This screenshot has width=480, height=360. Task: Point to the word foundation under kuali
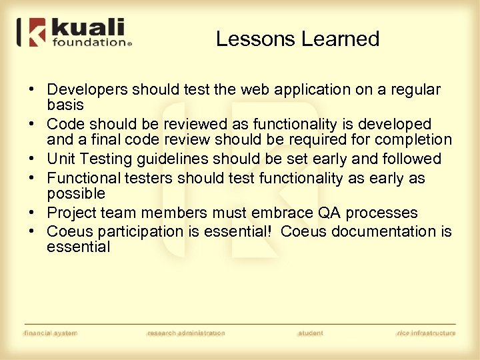point(89,42)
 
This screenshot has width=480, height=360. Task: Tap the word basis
point(65,105)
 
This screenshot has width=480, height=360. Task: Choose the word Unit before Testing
point(61,159)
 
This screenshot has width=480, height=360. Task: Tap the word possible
point(75,193)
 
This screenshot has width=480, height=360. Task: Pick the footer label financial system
point(50,333)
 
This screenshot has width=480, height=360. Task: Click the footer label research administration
point(186,333)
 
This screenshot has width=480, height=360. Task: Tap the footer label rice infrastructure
point(425,333)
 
